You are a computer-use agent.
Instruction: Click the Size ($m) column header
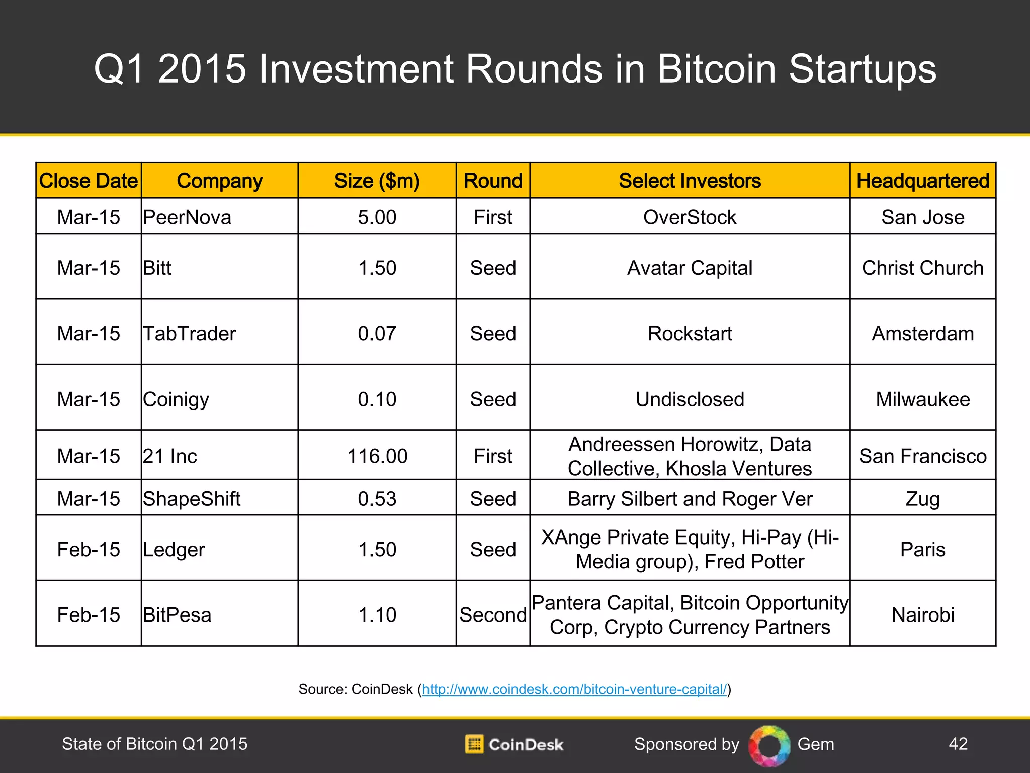pos(377,181)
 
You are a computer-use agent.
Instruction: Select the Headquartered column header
pos(922,181)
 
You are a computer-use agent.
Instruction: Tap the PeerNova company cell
pos(187,217)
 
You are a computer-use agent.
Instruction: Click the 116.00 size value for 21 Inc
pos(377,456)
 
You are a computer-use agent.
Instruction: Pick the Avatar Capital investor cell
pos(690,268)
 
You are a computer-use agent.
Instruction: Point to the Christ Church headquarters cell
pos(922,268)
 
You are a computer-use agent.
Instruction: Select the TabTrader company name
pos(190,334)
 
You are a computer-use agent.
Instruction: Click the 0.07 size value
pos(377,334)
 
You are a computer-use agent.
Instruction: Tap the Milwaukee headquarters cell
pos(922,399)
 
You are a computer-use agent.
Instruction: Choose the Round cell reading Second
pos(493,615)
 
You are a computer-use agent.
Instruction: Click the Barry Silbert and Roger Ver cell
pos(690,499)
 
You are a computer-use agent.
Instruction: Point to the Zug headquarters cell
pos(922,499)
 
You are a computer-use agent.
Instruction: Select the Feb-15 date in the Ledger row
pos(89,549)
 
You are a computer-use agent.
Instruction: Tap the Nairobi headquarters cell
pos(922,615)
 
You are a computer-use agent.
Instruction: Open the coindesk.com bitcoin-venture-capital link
pos(574,689)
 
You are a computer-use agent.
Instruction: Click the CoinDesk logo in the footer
pos(514,744)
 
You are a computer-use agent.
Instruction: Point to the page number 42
pos(958,744)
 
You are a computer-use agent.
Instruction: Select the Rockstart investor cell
pos(690,334)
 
